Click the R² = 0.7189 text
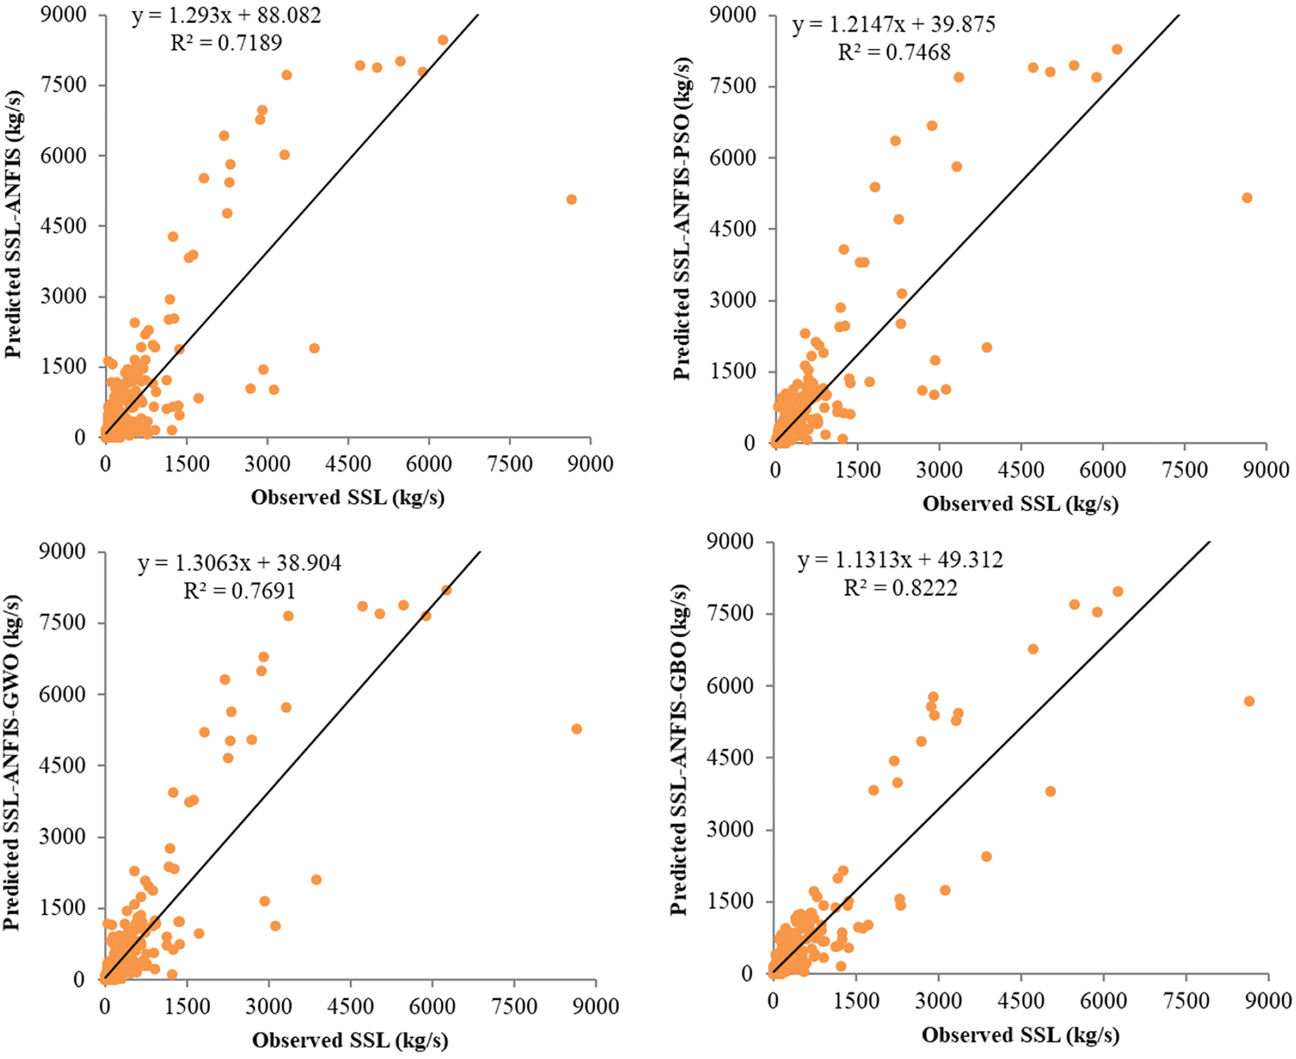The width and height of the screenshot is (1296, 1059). click(226, 43)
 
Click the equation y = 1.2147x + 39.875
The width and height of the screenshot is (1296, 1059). click(893, 25)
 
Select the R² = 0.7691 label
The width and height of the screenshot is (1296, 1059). click(239, 591)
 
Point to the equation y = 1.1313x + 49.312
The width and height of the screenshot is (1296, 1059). click(900, 559)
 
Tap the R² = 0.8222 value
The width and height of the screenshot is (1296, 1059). click(900, 587)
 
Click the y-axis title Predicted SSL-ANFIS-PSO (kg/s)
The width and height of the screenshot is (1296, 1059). click(682, 218)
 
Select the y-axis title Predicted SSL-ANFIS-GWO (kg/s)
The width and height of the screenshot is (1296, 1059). click(12, 762)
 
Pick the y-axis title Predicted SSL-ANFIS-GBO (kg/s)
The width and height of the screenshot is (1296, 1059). click(680, 749)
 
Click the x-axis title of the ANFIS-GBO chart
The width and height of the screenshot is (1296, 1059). click(1020, 1035)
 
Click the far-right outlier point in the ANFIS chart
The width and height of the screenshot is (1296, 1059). click(571, 199)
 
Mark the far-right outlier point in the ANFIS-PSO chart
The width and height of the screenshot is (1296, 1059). click(1246, 198)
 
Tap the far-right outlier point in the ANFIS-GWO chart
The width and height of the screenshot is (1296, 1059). click(576, 729)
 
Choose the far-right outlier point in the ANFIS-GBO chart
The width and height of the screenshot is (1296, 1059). click(1248, 701)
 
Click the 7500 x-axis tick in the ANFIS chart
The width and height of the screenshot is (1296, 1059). click(510, 464)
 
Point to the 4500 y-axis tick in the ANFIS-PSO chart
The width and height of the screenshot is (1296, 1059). click(733, 229)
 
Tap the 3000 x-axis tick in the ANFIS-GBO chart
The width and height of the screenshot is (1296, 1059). click(938, 1000)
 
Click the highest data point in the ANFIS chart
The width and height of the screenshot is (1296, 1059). click(443, 40)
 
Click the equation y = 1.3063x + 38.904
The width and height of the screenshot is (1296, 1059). click(239, 563)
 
